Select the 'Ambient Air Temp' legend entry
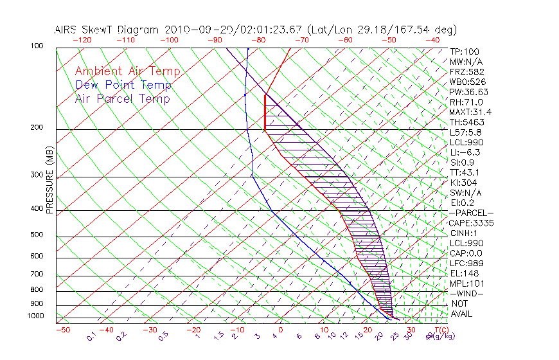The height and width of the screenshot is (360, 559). [x=127, y=71]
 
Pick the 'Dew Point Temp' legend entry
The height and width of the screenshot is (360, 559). [x=123, y=85]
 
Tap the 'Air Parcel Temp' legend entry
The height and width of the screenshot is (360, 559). [x=122, y=98]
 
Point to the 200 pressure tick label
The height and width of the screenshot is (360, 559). [x=37, y=128]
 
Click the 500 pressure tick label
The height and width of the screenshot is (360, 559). [x=37, y=235]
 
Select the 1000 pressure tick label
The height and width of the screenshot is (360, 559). [x=35, y=316]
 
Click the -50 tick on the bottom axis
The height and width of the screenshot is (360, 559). [x=62, y=330]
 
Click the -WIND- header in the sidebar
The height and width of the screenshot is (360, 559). [x=467, y=293]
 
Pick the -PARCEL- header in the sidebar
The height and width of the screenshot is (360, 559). [x=472, y=213]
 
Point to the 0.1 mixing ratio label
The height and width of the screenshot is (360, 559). [x=92, y=334]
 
